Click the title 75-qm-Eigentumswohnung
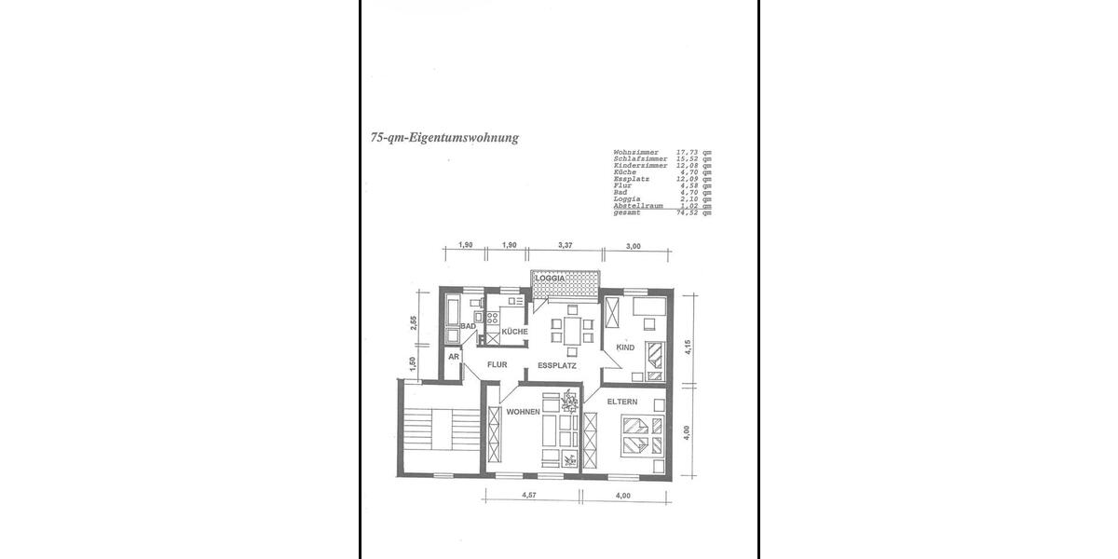443,137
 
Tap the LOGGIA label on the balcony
551,278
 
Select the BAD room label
468,326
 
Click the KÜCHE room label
514,332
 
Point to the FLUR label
496,365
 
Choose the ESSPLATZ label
557,366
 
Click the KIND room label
625,348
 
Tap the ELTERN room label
622,402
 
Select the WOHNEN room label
524,412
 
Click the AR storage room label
455,357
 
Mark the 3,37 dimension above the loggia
565,245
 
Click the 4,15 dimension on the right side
689,348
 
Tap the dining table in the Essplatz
569,330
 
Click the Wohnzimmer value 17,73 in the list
688,152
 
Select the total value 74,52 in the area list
688,212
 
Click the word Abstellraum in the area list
638,206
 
